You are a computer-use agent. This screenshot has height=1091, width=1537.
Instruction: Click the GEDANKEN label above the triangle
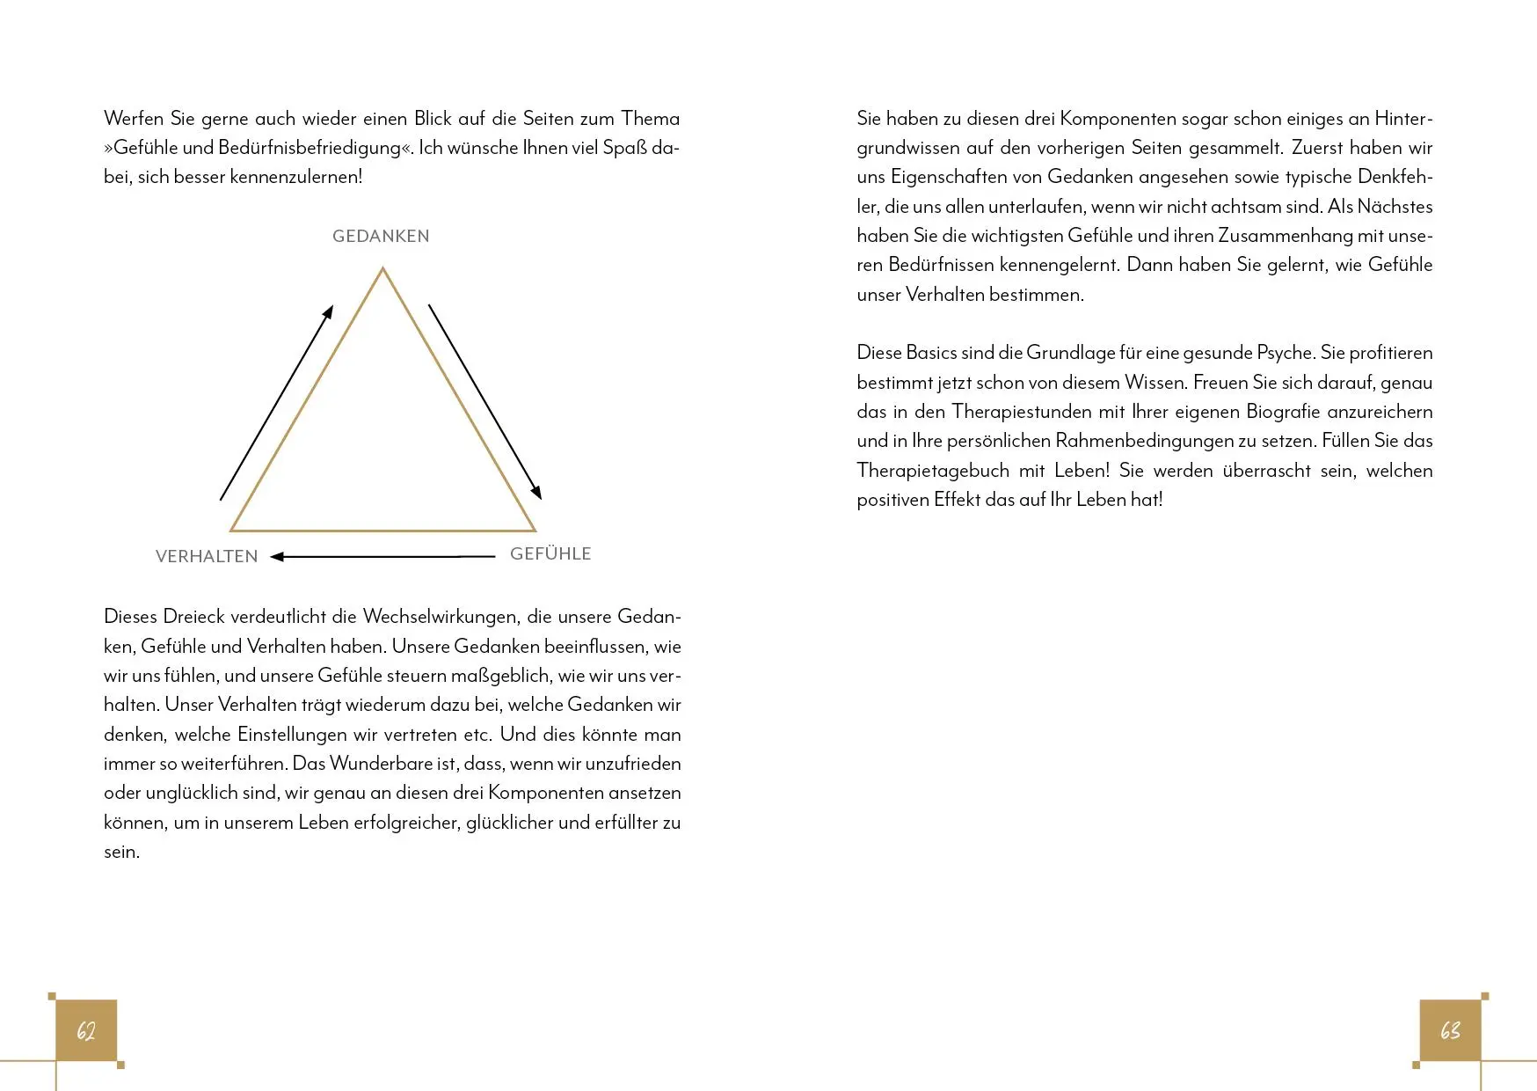[x=381, y=236]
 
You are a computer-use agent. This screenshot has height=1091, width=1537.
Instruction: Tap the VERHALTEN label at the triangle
[x=207, y=556]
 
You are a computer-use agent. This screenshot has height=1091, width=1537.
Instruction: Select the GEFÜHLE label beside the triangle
[x=550, y=553]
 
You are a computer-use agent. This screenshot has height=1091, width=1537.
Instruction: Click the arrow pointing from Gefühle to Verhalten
[x=382, y=556]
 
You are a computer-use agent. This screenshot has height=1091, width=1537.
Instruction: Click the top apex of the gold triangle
[x=382, y=270]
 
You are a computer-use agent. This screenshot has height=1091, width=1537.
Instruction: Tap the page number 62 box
[x=86, y=1030]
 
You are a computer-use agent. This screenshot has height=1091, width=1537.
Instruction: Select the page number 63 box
[x=1450, y=1030]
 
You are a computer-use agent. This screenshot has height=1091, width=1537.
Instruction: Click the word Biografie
[x=1282, y=412]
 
